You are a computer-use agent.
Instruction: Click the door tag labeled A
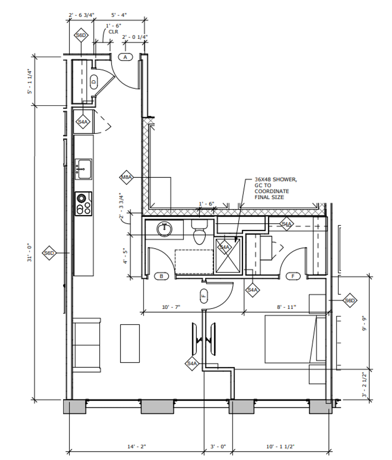(x=125, y=57)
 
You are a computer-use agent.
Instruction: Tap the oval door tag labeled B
(x=161, y=276)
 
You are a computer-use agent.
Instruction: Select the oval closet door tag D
(x=94, y=82)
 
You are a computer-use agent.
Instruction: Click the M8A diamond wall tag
(x=126, y=177)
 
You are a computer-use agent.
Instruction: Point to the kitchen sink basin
(x=84, y=169)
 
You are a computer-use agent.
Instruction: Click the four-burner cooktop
(x=84, y=204)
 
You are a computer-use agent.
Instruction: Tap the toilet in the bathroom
(x=199, y=232)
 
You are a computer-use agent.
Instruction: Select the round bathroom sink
(x=164, y=229)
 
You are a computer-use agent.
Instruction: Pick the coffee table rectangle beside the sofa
(x=130, y=343)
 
